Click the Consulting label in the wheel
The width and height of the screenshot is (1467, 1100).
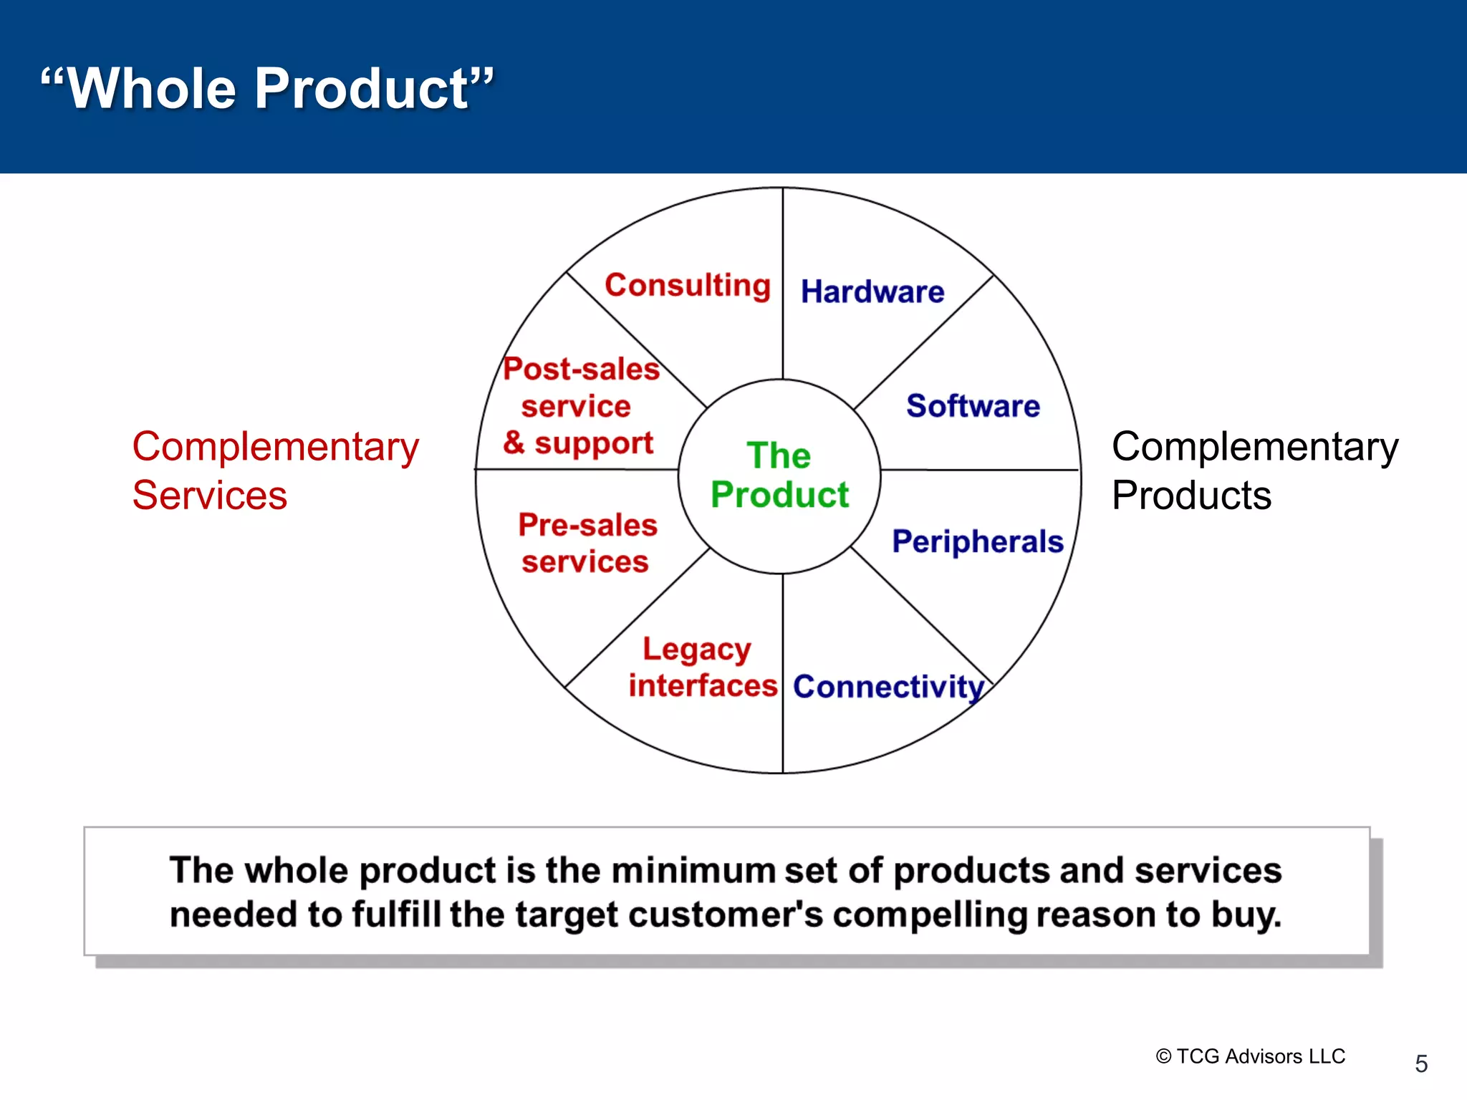[x=688, y=286]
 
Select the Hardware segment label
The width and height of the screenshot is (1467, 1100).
[x=872, y=292]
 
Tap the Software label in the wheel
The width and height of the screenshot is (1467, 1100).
[x=973, y=406]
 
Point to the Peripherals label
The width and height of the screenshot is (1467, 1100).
[x=977, y=541]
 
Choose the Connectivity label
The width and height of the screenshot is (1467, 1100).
[x=888, y=687]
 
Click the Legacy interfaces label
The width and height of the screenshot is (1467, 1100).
[x=702, y=667]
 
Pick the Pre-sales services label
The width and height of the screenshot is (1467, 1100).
[x=587, y=544]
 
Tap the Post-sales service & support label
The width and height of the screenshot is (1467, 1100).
[x=579, y=406]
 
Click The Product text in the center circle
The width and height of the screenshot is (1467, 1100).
[x=779, y=476]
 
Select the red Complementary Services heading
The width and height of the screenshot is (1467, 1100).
[x=275, y=471]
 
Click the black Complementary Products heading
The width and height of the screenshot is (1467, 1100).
[x=1254, y=471]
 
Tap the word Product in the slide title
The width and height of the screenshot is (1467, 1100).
[x=362, y=88]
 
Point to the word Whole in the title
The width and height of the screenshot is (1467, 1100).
[x=151, y=88]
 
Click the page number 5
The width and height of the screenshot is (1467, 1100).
[x=1421, y=1063]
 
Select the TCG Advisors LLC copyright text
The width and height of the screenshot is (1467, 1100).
[x=1260, y=1056]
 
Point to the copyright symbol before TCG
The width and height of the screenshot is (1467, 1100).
[x=1163, y=1057]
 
